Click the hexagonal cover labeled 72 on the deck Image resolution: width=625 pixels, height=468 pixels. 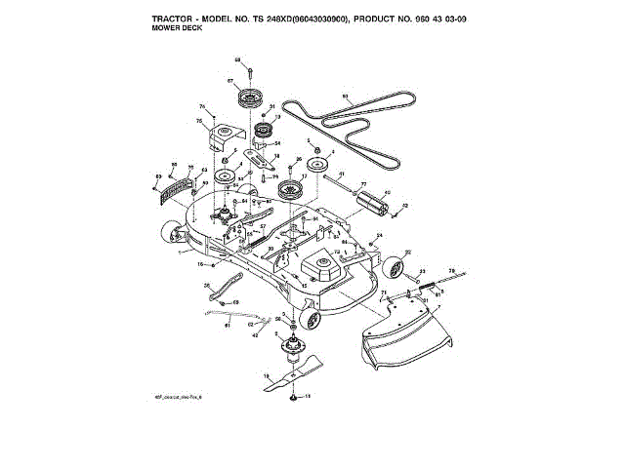click(319, 260)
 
